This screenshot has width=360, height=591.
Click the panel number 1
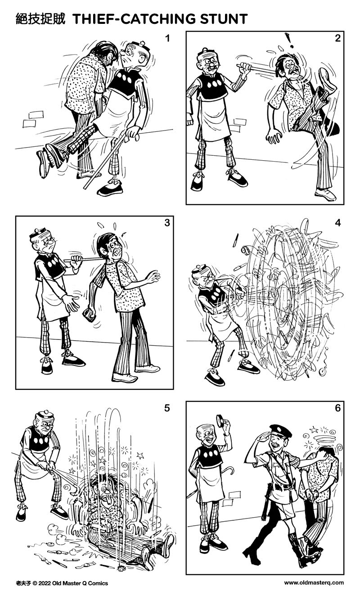167,38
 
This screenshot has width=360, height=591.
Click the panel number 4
337,223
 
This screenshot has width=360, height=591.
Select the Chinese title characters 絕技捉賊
40,19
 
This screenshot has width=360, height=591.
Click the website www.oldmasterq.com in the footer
314,583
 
